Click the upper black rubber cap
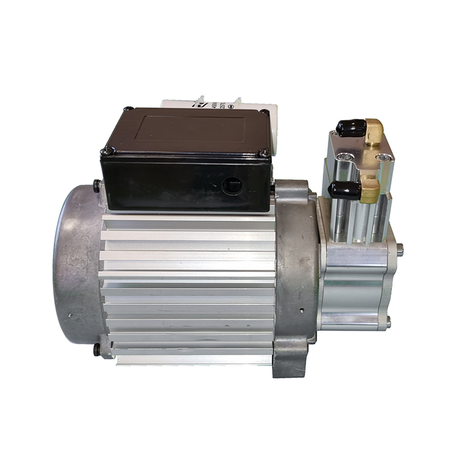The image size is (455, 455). coord(351,128)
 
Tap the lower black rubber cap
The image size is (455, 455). coord(345,190)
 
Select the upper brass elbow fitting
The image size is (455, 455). coord(374,131)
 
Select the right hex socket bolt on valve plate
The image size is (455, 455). coord(384,157)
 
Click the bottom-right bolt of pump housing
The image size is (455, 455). coord(388,324)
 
